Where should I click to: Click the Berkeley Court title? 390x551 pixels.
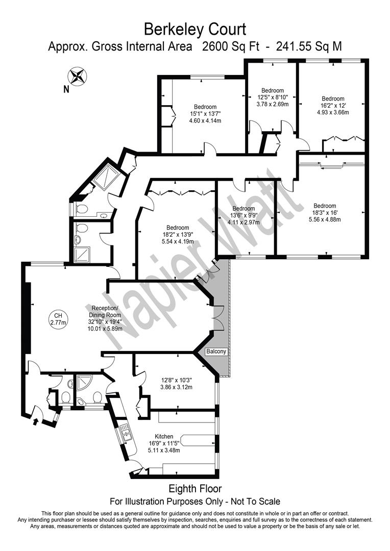pos(195,29)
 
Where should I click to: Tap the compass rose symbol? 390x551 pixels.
pos(78,76)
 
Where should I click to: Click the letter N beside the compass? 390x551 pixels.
pos(66,90)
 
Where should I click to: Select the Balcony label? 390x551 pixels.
pos(216,352)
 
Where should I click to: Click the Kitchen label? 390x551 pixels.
pos(164,436)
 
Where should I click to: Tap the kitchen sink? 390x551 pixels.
pos(125,432)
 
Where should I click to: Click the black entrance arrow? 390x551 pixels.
pos(35,420)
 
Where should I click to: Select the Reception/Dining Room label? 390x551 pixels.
pos(105,312)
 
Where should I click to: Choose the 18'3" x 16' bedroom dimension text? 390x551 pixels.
pos(325,213)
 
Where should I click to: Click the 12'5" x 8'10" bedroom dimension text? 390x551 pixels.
pos(273,97)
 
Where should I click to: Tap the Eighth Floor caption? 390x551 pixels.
pos(195,488)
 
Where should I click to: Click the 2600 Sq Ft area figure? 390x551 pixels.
pos(230,46)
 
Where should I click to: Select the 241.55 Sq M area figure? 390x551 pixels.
pos(309,46)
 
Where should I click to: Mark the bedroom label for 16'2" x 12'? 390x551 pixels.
pos(333,99)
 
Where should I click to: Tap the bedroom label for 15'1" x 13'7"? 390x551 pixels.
pos(205,107)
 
